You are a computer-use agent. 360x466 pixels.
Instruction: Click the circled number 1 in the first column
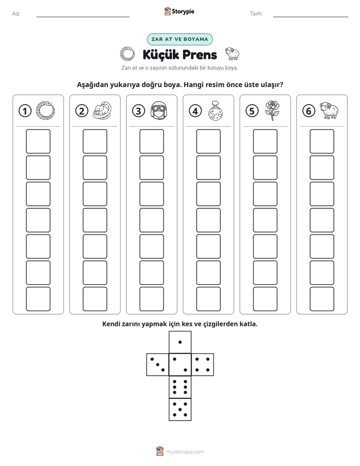pyautogui.click(x=25, y=111)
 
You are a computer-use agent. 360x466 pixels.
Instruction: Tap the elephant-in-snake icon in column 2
pyautogui.click(x=102, y=110)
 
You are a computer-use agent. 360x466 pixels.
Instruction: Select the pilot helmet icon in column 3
pyautogui.click(x=159, y=111)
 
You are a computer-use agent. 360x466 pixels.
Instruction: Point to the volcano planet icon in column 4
pyautogui.click(x=216, y=110)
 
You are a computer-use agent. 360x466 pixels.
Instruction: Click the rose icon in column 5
pyautogui.click(x=272, y=110)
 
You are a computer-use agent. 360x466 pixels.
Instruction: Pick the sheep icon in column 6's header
pyautogui.click(x=329, y=110)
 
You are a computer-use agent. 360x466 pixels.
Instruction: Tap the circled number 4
pyautogui.click(x=195, y=111)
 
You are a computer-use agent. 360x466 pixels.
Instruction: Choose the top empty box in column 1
pyautogui.click(x=38, y=141)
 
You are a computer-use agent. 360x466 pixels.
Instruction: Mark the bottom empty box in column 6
pyautogui.click(x=322, y=299)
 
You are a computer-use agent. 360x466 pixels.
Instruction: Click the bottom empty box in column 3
pyautogui.click(x=151, y=299)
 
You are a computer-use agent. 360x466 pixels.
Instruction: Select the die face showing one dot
pyautogui.click(x=180, y=342)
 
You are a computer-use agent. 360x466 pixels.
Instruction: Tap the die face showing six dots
pyautogui.click(x=180, y=387)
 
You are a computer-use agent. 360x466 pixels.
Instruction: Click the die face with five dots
pyautogui.click(x=180, y=410)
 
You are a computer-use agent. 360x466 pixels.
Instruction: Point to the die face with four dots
pyautogui.click(x=203, y=365)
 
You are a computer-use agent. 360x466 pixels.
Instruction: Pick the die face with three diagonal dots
pyautogui.click(x=158, y=365)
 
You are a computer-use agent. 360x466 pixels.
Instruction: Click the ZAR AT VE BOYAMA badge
pyautogui.click(x=179, y=39)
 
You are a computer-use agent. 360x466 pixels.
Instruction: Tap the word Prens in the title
pyautogui.click(x=199, y=54)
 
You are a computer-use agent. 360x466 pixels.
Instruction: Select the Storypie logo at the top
pyautogui.click(x=179, y=12)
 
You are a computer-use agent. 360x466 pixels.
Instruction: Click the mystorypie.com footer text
pyautogui.click(x=185, y=452)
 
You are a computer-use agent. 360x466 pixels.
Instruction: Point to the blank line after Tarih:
pyautogui.click(x=311, y=17)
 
